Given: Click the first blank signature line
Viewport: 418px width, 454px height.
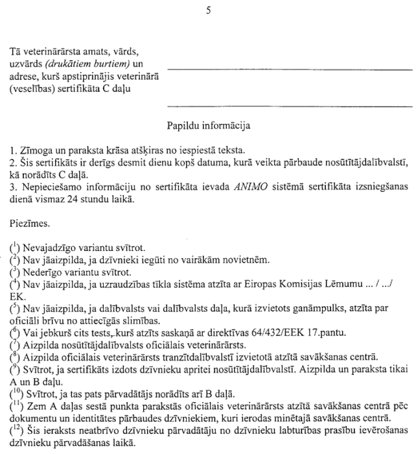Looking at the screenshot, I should click(290, 69).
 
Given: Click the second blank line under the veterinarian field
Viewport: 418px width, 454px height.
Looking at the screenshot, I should click(290, 105).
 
